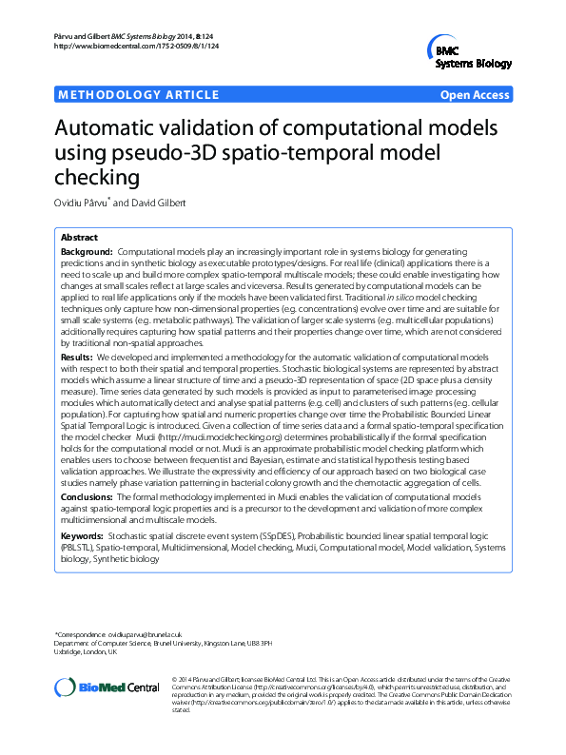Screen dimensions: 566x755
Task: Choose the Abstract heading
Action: coord(79,237)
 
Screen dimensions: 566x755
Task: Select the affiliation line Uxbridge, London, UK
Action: coord(87,652)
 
